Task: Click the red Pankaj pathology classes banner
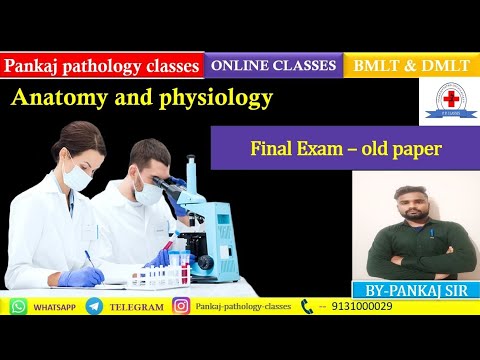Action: (102, 67)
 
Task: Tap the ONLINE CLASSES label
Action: (273, 66)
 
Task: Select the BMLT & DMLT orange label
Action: (410, 66)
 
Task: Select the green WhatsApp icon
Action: (18, 307)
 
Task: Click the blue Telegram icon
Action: (94, 307)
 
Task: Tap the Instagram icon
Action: (181, 307)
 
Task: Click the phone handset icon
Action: (307, 307)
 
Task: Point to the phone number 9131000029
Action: (365, 307)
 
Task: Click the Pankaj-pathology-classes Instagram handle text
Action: (244, 307)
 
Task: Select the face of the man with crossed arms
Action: (416, 206)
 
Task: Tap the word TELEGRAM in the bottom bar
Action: (136, 307)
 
